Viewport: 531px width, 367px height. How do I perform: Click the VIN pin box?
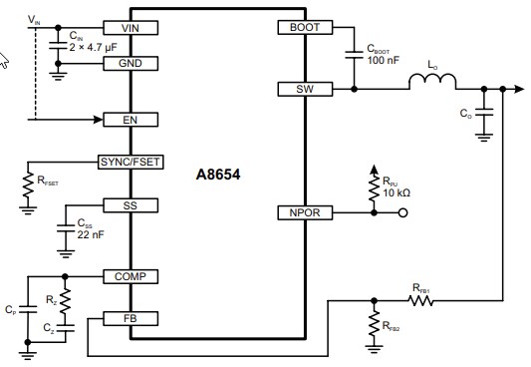coord(131,27)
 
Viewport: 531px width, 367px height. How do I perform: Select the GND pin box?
coord(131,63)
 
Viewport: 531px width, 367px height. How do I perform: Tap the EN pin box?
coord(131,120)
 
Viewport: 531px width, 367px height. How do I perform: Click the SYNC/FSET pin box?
coord(131,162)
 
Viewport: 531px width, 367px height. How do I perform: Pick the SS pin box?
coord(131,204)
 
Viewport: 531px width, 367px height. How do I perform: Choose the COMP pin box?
coord(131,276)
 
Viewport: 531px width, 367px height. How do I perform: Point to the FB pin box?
coord(131,318)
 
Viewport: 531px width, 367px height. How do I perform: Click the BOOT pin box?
coord(303,27)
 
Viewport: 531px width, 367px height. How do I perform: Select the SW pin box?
coord(303,90)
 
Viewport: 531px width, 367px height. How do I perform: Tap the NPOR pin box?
coord(303,212)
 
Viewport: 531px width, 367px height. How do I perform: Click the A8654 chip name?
coord(218,173)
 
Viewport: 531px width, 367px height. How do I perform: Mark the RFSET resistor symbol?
coord(28,183)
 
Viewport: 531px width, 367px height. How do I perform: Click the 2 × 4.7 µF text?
coord(94,46)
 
